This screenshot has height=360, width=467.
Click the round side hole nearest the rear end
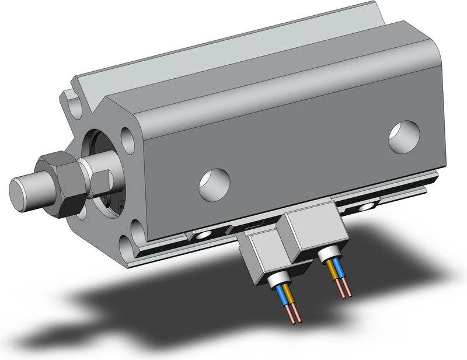(x=404, y=137)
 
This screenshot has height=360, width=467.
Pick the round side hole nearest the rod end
(x=214, y=185)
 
